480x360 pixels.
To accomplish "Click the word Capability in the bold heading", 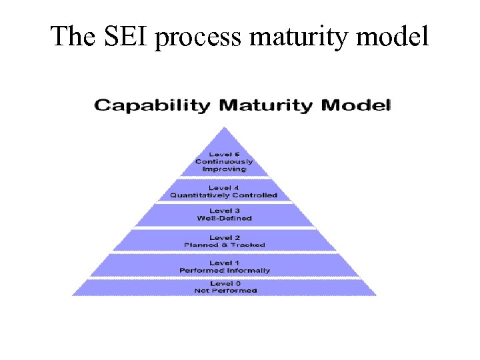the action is (x=153, y=105).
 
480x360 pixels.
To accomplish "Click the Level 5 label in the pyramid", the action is (x=224, y=154).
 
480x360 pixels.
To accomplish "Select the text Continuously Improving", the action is (x=224, y=165).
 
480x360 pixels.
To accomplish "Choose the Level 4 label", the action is (x=224, y=188).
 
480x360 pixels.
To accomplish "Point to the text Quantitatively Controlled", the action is (x=224, y=195).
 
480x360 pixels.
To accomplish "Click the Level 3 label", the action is (x=224, y=211).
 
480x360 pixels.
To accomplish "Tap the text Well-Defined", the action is (x=224, y=218).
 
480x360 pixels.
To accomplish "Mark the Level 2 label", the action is (x=224, y=237).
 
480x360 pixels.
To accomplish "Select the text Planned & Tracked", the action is (x=224, y=245).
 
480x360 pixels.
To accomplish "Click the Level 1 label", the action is (x=224, y=263).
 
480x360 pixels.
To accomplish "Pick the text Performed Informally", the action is (x=224, y=270).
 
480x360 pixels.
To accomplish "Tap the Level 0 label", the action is (x=224, y=284).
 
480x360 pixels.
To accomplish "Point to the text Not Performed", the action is (x=224, y=291).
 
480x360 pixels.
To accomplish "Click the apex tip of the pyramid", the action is (x=225, y=127).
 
